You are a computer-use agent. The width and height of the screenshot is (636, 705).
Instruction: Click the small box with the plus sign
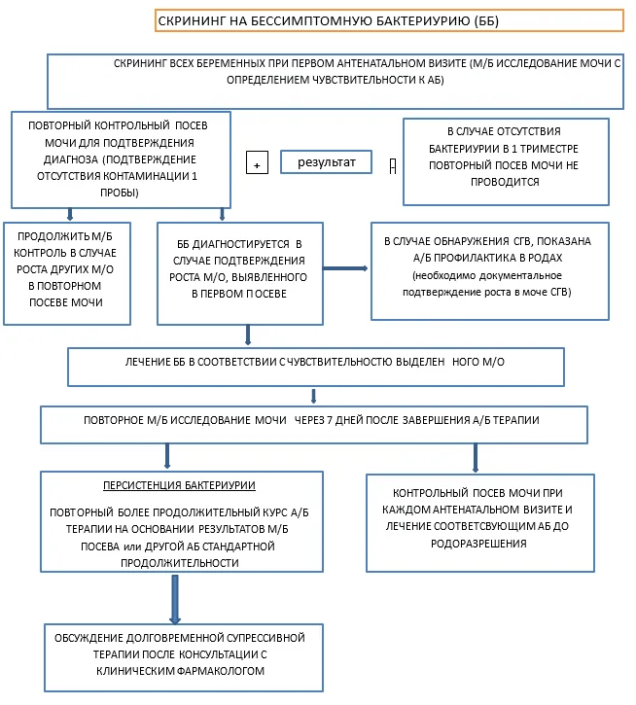(x=257, y=162)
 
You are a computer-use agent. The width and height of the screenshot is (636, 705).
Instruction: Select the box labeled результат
(x=326, y=161)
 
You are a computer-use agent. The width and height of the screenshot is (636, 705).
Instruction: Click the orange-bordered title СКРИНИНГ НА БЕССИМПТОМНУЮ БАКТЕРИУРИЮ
(x=389, y=20)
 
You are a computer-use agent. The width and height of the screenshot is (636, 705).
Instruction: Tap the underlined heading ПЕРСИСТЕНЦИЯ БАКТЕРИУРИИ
(x=180, y=485)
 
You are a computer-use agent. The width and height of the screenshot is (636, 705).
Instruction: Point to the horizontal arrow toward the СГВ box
(x=345, y=268)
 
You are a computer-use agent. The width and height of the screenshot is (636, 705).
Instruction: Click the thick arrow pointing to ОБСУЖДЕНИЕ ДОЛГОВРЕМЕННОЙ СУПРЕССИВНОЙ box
(x=175, y=599)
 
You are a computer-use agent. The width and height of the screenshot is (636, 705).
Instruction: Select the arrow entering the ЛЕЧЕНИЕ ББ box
(x=248, y=335)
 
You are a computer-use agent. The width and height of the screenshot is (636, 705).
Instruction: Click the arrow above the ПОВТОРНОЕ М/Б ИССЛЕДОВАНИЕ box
(x=313, y=396)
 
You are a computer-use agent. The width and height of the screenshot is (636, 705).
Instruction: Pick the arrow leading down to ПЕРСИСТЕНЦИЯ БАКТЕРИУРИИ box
(x=167, y=456)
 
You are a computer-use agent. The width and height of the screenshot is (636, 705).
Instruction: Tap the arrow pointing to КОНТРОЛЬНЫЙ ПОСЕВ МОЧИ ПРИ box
(x=476, y=458)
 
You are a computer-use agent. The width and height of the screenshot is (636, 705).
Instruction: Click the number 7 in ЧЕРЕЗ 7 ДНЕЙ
(x=330, y=420)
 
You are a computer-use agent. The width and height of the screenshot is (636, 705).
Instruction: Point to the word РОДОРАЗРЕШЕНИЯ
(x=478, y=544)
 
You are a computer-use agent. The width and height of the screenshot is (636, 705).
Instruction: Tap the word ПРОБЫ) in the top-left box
(x=120, y=193)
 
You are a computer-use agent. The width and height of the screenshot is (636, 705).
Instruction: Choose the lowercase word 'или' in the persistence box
(x=132, y=546)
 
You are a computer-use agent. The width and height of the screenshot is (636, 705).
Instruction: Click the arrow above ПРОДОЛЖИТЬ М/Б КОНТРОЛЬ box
(x=70, y=214)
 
